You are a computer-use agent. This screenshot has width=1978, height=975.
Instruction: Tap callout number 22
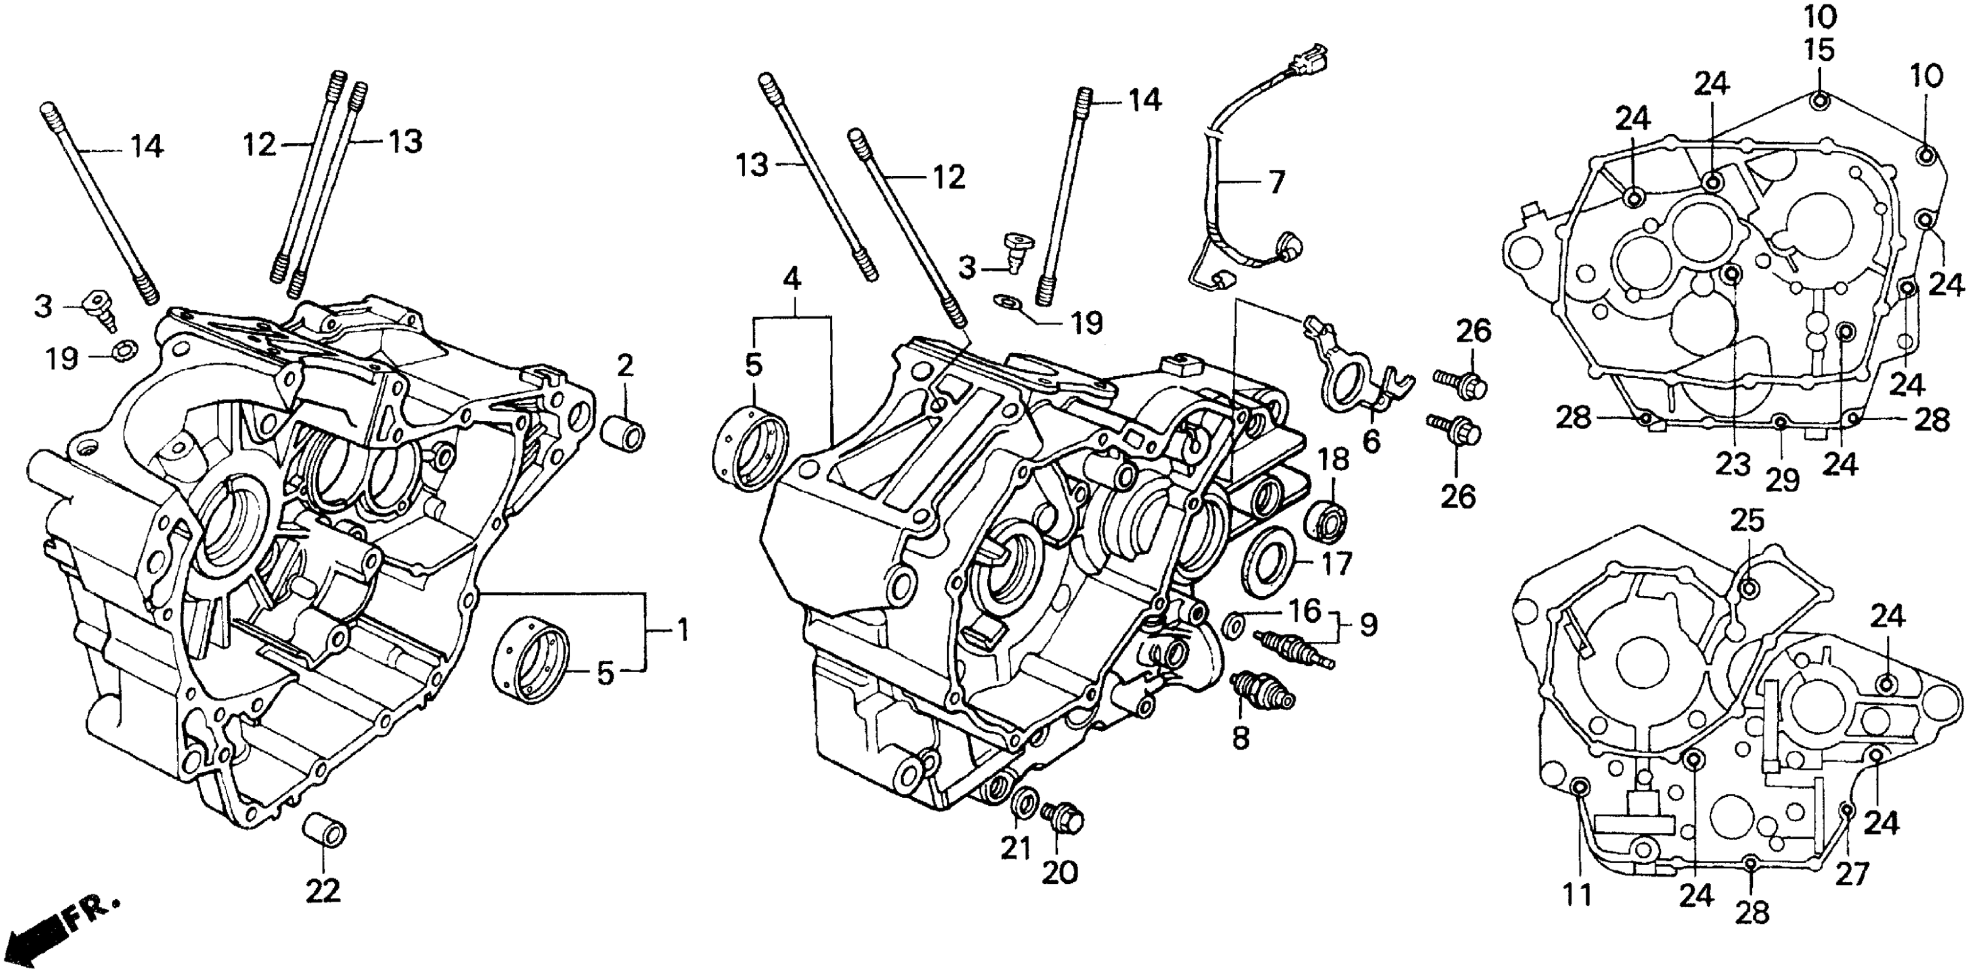pos(322,891)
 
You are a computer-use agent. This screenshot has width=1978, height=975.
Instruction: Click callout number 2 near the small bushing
pos(625,366)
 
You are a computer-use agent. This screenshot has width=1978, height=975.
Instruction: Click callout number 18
pos(1333,460)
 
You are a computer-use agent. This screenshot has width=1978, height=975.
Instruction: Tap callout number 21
pos(1015,848)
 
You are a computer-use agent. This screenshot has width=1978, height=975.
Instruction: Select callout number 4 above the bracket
pos(792,278)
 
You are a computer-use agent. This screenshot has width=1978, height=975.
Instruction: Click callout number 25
pos(1747,521)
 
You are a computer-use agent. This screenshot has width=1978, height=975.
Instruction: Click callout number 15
pos(1819,50)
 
